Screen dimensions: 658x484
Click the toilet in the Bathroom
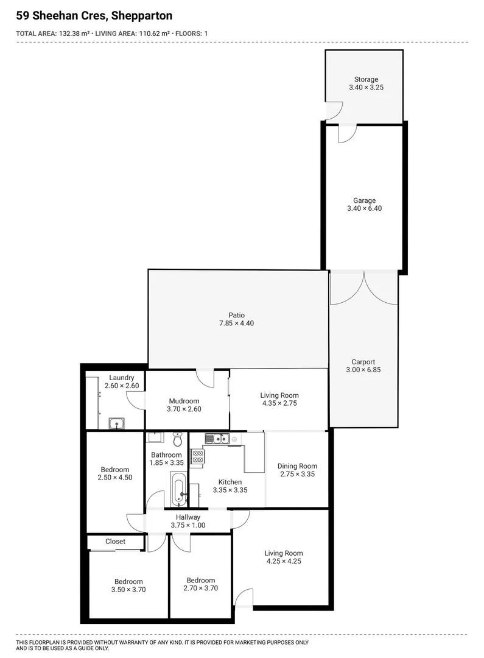178,439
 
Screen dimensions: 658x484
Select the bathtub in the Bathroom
178,489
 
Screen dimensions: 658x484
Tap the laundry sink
117,423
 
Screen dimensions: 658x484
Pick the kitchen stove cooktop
197,457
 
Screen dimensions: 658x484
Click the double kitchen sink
217,437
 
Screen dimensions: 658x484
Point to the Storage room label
366,79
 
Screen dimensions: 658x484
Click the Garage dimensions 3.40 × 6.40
365,208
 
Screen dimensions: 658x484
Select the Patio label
236,315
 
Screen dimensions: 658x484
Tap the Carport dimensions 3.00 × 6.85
363,370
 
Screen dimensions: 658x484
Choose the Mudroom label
183,401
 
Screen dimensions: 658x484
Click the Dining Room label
297,466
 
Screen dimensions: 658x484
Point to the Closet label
115,541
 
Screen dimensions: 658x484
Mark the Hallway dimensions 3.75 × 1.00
188,525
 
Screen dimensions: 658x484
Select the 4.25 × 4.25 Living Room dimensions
283,561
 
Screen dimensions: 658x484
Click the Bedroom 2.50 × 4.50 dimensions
115,478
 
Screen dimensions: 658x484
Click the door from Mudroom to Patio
205,378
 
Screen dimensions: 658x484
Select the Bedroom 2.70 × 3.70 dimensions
200,589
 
